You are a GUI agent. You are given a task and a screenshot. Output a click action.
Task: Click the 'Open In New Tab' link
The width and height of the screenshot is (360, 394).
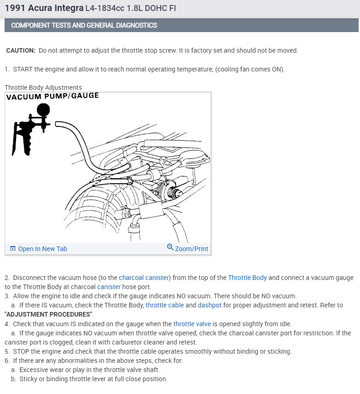(42, 249)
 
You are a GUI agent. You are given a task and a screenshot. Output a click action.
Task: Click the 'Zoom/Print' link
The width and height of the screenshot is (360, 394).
(191, 249)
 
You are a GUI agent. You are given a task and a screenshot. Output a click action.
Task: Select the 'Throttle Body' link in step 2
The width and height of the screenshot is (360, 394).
(247, 278)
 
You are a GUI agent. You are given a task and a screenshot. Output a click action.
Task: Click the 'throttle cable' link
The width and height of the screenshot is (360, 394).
(165, 305)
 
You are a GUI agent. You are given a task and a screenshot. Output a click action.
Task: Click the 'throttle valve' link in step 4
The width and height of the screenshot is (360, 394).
(192, 324)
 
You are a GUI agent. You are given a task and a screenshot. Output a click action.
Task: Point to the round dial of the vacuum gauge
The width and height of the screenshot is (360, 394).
(44, 110)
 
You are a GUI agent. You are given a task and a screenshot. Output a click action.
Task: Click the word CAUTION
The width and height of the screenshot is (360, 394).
(21, 50)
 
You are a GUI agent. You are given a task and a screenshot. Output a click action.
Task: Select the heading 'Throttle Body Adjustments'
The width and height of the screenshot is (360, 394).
(43, 88)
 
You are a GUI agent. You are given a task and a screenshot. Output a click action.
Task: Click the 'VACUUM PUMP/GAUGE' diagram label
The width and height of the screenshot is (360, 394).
(52, 96)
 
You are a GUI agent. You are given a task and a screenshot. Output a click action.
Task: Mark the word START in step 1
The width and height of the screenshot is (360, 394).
(22, 69)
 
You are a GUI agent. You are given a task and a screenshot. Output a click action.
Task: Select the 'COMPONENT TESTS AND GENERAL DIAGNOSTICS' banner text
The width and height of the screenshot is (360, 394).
(84, 25)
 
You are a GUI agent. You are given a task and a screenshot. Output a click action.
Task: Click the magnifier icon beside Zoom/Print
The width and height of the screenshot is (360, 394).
(170, 247)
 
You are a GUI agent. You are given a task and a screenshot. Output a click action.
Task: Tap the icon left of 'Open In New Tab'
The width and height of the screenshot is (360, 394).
(13, 249)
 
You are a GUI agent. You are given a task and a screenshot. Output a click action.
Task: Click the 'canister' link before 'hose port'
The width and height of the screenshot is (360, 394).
(109, 287)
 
